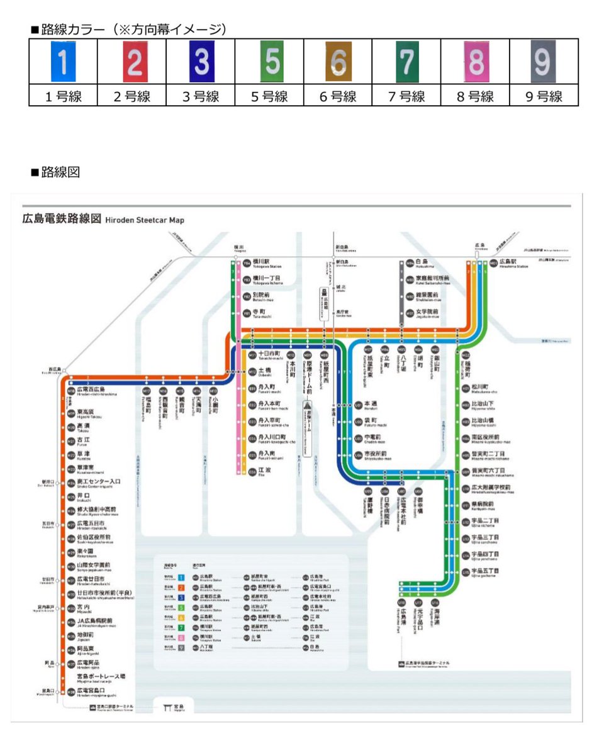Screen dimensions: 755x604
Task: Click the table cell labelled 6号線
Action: [338, 97]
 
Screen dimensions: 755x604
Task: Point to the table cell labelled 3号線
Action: [201, 97]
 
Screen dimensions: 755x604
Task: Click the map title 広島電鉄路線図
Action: [61, 220]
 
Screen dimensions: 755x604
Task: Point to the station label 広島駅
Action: [508, 261]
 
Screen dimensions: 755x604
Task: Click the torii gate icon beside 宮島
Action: [167, 708]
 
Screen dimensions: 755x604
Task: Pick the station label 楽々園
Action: [86, 551]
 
